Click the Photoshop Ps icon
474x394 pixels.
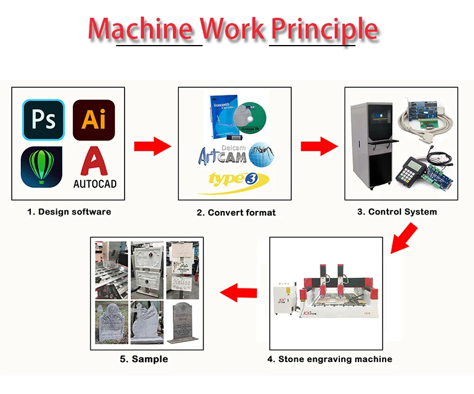[43, 120]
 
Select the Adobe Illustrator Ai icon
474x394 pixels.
[94, 120]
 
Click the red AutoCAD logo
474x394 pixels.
[94, 168]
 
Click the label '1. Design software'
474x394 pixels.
[69, 212]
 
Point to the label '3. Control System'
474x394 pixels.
[397, 212]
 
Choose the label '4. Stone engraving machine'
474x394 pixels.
[329, 358]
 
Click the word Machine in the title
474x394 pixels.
[141, 29]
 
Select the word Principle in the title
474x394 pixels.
[324, 29]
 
